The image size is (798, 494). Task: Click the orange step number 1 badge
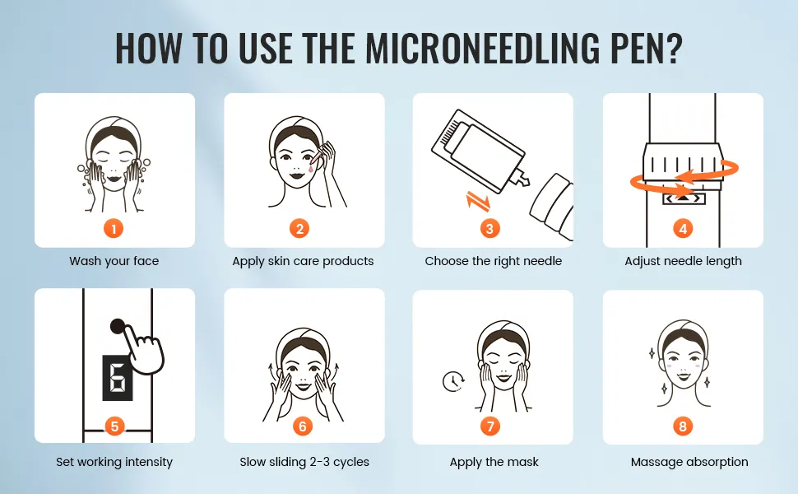coord(114,229)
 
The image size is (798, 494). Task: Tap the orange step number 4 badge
coord(683,229)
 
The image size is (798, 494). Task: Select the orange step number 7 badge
coord(490,426)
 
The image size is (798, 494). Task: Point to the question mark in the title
coord(673,49)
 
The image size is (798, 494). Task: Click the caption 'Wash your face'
coord(114,261)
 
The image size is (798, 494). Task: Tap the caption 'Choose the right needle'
coord(493,261)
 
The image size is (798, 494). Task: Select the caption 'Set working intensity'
coord(114,462)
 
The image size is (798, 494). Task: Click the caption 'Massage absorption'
coord(689,462)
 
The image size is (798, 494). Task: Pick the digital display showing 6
coord(118,377)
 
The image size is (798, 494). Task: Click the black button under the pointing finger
coord(118,326)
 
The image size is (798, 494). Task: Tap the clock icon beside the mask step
coord(453,381)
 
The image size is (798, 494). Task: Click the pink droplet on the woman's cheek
coord(310,166)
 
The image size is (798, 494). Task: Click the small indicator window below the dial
coord(684,198)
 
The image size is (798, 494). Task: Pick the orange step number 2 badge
coord(299,229)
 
